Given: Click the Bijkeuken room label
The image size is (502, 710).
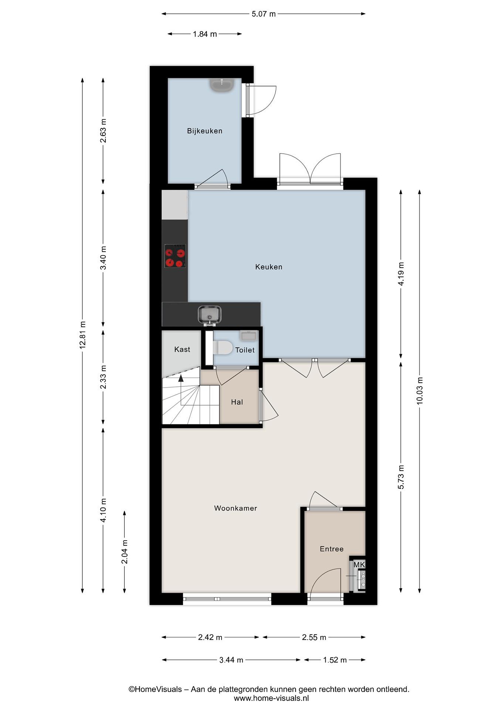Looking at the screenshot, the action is [x=205, y=131].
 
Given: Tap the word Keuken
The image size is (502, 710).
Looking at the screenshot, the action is [x=269, y=267].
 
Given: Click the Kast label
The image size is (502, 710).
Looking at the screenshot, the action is [x=182, y=349].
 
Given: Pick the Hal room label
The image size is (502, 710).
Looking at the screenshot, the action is [x=237, y=402].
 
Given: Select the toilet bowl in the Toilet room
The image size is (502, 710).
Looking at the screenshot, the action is [x=223, y=348].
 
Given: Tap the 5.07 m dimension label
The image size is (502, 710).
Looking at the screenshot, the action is [x=263, y=14].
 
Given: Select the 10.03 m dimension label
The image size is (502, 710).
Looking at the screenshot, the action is [x=419, y=391].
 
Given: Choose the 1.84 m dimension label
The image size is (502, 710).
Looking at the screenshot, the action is [x=205, y=34].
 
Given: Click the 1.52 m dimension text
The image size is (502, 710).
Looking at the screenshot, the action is [x=335, y=660].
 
